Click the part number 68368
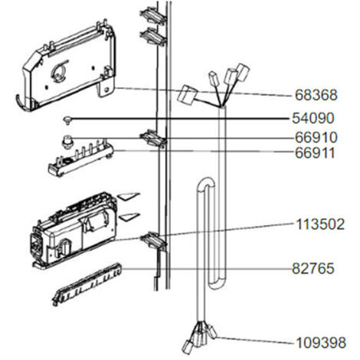pyautogui.click(x=316, y=95)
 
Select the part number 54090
pyautogui.click(x=313, y=118)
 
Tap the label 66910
pyautogui.click(x=316, y=138)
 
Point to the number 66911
pyautogui.click(x=315, y=153)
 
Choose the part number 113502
pyautogui.click(x=320, y=224)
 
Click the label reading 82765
pyautogui.click(x=313, y=269)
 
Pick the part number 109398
pyautogui.click(x=321, y=342)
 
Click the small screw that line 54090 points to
pyautogui.click(x=67, y=119)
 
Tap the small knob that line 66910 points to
pyautogui.click(x=67, y=142)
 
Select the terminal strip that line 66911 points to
pyautogui.click(x=80, y=159)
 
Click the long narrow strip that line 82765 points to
pyautogui.click(x=87, y=284)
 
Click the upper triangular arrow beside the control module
pyautogui.click(x=129, y=196)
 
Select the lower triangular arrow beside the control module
pyautogui.click(x=129, y=216)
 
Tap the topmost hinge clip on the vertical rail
pyautogui.click(x=152, y=16)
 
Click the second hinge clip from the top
pyautogui.click(x=152, y=37)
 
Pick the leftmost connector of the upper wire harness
pyautogui.click(x=187, y=95)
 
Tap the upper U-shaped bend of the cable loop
pyautogui.click(x=206, y=182)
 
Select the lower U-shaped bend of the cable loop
pyautogui.click(x=217, y=284)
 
